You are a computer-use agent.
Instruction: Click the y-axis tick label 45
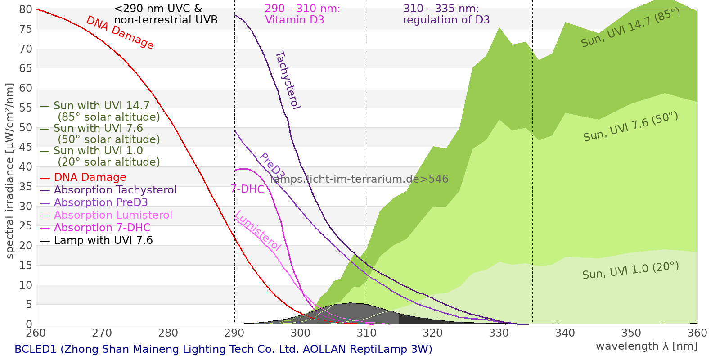coord(26,147)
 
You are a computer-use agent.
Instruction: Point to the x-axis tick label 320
coord(432,333)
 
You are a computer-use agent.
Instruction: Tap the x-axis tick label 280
coord(168,333)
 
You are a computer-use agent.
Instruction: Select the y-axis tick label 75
coord(26,29)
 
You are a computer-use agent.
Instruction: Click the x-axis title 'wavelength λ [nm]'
coord(647,346)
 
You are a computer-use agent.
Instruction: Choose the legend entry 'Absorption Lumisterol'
coord(106,215)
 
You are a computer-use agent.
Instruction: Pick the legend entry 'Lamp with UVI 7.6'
coord(96,240)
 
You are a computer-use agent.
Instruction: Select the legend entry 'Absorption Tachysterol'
coord(108,190)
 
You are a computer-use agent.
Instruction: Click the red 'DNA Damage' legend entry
coord(83,177)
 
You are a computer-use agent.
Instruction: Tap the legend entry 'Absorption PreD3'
coord(94,202)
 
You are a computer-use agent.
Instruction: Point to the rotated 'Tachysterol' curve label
coord(288,80)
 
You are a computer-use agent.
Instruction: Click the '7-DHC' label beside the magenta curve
coord(247,189)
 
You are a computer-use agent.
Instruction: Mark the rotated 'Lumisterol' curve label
coord(258,231)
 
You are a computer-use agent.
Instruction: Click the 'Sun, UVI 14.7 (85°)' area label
coord(630,27)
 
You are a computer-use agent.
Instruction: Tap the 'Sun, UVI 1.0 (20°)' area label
coord(630,270)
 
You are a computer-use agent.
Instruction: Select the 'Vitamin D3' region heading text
coord(294,20)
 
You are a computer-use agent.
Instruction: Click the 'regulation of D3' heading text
coord(446,20)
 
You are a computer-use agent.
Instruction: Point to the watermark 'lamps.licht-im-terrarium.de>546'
coord(359,179)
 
